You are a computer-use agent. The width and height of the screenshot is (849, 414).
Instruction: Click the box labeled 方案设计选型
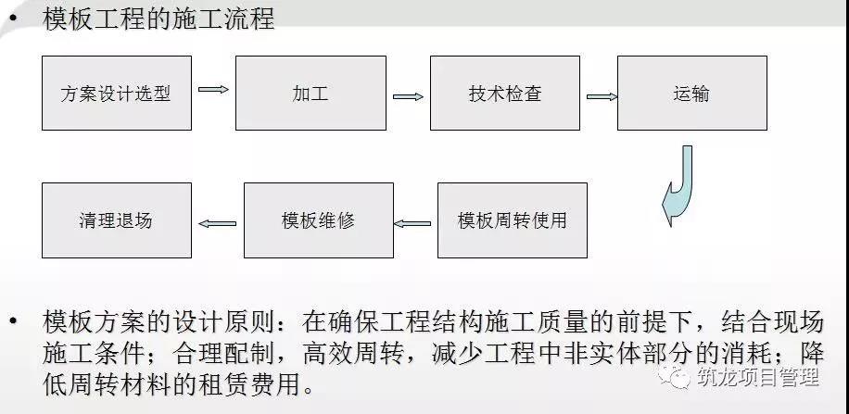point(117,94)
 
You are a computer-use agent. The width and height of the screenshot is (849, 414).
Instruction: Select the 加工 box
point(310,94)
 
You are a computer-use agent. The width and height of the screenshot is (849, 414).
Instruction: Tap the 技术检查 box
point(505,94)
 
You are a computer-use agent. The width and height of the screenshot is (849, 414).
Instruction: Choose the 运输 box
point(692,94)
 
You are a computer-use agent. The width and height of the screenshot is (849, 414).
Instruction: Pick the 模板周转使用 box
point(513,220)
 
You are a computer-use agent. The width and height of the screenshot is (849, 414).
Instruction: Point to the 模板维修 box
point(319,220)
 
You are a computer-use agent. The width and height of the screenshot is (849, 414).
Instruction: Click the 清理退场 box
point(117,220)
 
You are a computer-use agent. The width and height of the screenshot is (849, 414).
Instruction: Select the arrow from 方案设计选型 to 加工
point(213,89)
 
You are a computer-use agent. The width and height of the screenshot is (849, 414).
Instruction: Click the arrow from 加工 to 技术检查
point(408,97)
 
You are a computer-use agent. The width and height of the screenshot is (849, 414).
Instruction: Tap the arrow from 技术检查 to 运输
point(602,97)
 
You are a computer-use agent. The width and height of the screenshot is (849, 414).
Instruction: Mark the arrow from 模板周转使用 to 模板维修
point(412,223)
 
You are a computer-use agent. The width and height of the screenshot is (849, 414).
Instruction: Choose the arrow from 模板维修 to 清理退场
point(218,223)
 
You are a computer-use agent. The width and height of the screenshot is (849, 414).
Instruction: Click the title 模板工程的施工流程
point(158,19)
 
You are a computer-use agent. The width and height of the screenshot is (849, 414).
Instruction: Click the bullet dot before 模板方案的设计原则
point(12,322)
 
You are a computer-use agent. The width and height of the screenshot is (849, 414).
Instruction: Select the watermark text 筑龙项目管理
point(758,376)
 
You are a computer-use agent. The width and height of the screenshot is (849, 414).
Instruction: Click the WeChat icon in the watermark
point(674,376)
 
